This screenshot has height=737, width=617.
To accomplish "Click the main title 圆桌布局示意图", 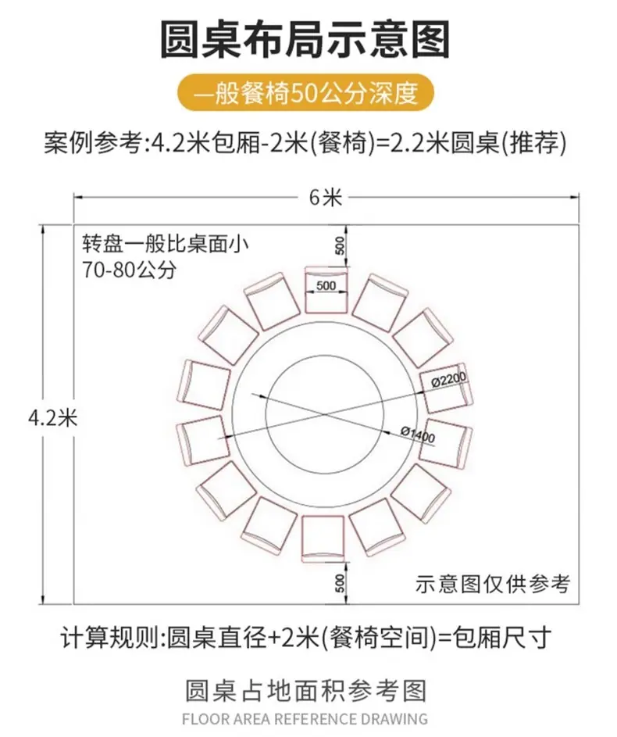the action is [305, 40].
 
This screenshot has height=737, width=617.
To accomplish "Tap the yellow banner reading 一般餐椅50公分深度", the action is [305, 92].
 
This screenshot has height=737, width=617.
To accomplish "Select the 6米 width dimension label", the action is [326, 198].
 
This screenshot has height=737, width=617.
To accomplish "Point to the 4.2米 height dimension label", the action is [53, 417].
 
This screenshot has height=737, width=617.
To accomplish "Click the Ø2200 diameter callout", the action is [449, 380].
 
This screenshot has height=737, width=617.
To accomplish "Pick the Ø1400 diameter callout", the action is [418, 434].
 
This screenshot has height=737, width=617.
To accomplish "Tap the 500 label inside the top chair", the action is [326, 285].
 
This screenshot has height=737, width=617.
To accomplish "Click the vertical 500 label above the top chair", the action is [340, 245].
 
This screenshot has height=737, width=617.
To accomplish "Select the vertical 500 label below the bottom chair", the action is [340, 583].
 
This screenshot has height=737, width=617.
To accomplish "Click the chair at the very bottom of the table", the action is [323, 538].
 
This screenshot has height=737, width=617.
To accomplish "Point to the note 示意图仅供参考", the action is [493, 585].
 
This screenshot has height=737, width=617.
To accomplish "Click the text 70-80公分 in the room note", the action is [130, 270].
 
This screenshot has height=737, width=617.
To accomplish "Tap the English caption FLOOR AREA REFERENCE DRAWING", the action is [305, 719].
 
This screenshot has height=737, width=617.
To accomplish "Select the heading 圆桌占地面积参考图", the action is [306, 691].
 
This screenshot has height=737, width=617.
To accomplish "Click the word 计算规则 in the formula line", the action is [110, 638].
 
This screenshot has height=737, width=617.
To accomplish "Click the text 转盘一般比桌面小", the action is [166, 244].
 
